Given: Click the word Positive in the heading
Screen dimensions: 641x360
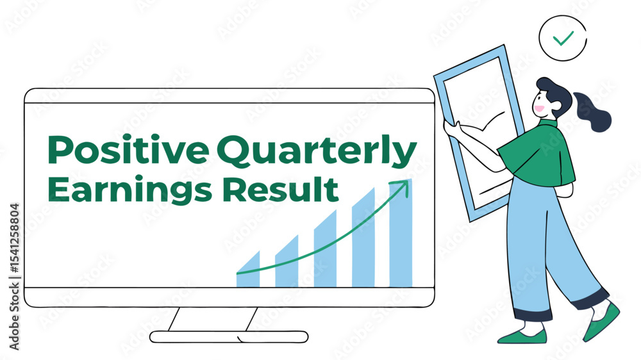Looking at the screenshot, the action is coord(128,149).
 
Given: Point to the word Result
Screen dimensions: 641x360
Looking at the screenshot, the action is coord(281,189).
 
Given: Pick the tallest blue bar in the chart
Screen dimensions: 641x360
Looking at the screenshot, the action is coord(401,233).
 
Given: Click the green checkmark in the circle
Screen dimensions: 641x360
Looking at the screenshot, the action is coord(563,38).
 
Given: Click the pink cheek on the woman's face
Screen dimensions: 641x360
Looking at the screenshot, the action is coord(539,109).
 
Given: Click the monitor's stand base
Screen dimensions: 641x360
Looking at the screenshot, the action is coord(229,337).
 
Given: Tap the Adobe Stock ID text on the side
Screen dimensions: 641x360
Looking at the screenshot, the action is coord(14,277).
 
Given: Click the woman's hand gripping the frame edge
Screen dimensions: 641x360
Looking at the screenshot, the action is coord(453,129).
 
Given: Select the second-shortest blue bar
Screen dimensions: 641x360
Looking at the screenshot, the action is coord(287,261).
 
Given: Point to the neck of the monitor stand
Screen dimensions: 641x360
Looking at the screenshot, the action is coord(213,319).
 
